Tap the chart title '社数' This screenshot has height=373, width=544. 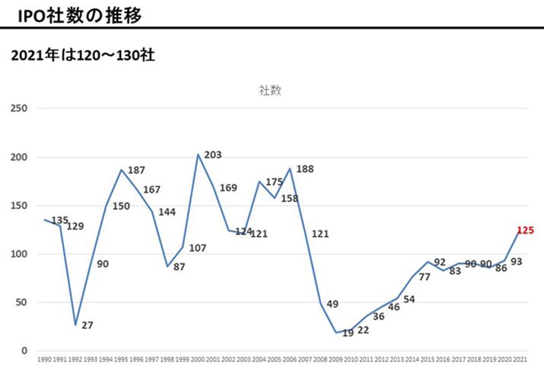click(x=269, y=90)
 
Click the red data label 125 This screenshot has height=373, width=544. click(x=526, y=230)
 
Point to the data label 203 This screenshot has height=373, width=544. click(x=212, y=155)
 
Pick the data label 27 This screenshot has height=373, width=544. click(x=87, y=325)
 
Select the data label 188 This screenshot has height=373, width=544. click(x=305, y=169)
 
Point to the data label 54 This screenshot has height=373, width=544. click(x=409, y=298)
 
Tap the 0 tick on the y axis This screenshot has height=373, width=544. click(x=24, y=351)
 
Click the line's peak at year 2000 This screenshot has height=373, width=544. click(x=198, y=155)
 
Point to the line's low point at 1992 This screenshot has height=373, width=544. click(x=75, y=324)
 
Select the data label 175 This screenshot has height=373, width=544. click(x=272, y=182)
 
